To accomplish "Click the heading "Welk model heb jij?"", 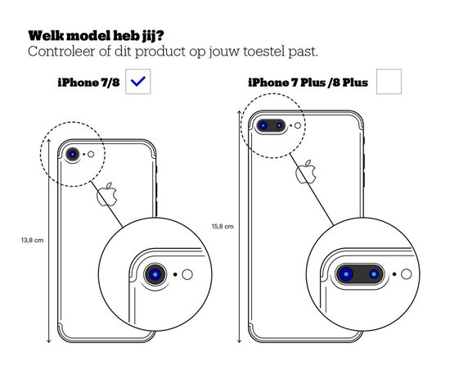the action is coord(97,36).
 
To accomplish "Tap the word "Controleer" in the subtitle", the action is coord(61,52).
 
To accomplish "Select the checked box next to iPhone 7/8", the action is coord(137,82).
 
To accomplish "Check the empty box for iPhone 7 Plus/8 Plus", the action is coord(389,82).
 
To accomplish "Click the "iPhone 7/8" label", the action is coord(88,83).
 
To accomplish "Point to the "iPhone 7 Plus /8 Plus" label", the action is coord(308,83).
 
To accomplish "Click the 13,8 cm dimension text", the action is coord(33,241).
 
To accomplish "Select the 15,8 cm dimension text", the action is coord(223,227).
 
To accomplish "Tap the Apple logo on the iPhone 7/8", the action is coord(106,194).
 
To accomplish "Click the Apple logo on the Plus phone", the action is coord(306,172).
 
